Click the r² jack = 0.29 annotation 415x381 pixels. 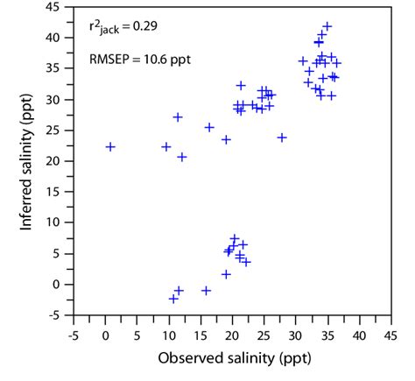pos(123,28)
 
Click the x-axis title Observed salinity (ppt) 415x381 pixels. pos(231,358)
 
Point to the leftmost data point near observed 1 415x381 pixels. pos(110,146)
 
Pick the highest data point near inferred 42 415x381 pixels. pos(327,26)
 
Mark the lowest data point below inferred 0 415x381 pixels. pos(173,299)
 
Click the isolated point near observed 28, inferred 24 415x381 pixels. pos(282,138)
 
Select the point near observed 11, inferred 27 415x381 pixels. pos(178,116)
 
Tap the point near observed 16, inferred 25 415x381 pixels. pos(209,127)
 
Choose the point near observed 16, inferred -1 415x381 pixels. pos(207,290)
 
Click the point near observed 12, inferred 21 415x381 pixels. pos(182,157)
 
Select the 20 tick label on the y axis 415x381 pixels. pos(56,161)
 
